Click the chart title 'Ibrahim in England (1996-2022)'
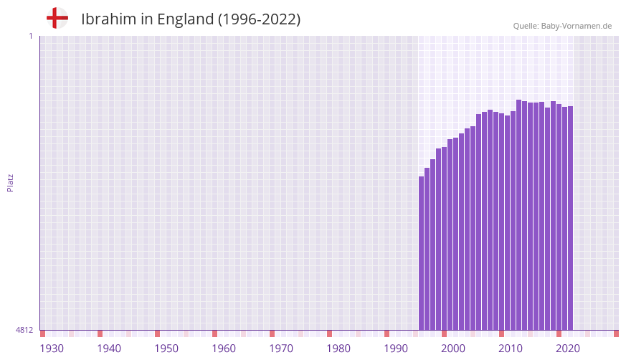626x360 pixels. point(191,19)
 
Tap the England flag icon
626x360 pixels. point(57,18)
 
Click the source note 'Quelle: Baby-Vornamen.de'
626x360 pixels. point(562,26)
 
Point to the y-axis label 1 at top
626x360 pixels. point(30,36)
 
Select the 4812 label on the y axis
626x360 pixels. point(24,330)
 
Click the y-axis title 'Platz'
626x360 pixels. point(10,182)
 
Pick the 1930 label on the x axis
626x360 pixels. point(52,349)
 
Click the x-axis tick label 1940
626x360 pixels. point(109,349)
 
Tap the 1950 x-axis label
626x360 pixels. point(166,349)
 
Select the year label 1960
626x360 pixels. point(224,349)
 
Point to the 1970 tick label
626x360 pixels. point(281,349)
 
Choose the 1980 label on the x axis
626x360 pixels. point(338,349)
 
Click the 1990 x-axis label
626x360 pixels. point(396,349)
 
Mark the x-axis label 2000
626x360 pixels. point(453,349)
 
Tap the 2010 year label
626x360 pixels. point(511,349)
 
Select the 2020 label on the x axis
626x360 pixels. point(568,349)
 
